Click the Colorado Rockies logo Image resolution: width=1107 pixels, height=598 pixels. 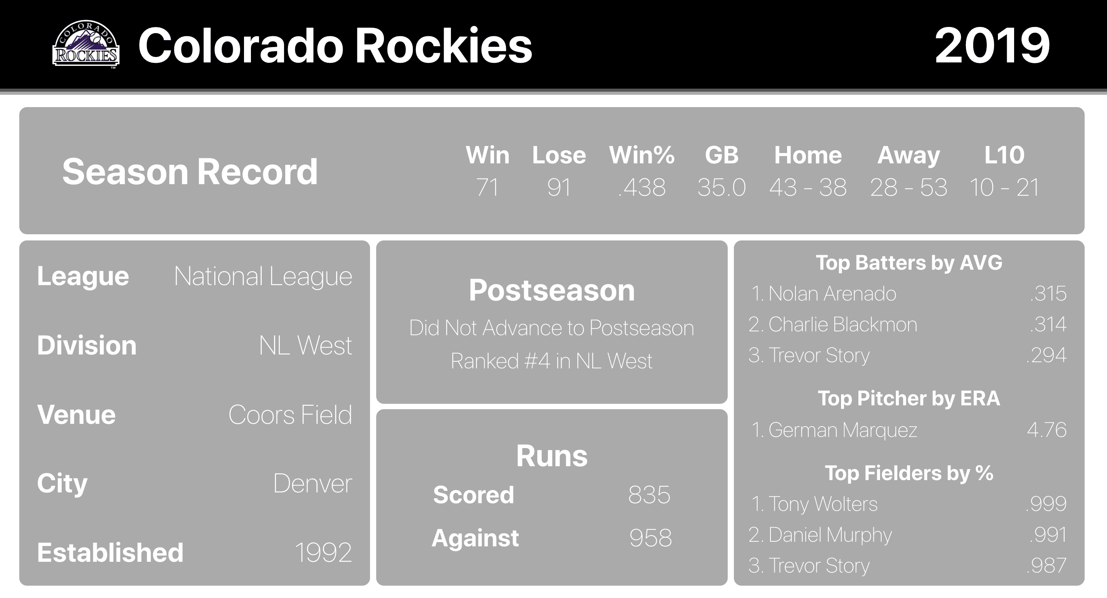click(86, 44)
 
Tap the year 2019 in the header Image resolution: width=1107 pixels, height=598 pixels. click(992, 45)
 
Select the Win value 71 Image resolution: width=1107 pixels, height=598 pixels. click(487, 187)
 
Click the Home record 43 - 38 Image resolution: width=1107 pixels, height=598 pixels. click(808, 187)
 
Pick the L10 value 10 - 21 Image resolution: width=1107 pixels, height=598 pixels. click(1004, 187)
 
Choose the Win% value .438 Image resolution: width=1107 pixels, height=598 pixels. click(642, 187)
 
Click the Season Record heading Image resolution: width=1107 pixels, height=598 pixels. click(190, 171)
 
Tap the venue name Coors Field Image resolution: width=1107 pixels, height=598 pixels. click(290, 415)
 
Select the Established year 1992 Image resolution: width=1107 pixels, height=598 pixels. click(323, 553)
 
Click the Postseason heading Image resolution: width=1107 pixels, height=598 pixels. click(552, 291)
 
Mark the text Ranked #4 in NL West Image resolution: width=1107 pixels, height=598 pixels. click(551, 361)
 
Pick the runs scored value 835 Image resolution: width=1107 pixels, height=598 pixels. click(649, 495)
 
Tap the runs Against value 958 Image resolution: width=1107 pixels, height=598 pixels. click(651, 538)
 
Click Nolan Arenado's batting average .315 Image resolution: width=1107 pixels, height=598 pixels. click(1048, 294)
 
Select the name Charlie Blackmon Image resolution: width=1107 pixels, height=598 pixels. click(843, 324)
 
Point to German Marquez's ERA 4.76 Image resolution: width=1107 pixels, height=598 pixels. click(1047, 430)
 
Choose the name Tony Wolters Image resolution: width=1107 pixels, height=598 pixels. click(823, 504)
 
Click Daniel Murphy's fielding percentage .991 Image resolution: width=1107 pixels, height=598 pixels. click(1048, 535)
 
